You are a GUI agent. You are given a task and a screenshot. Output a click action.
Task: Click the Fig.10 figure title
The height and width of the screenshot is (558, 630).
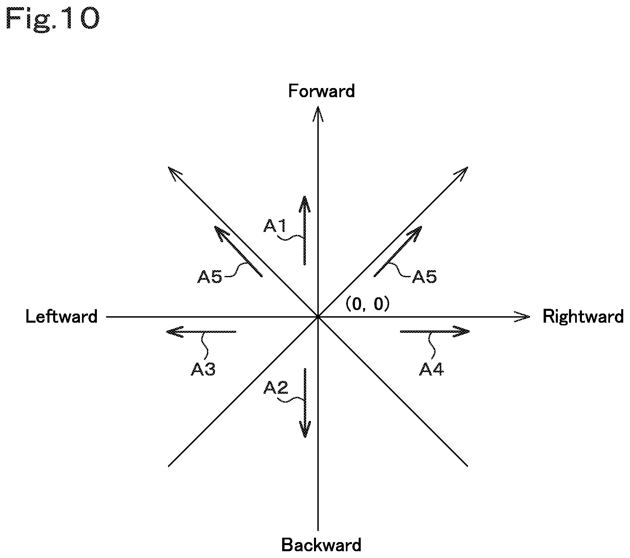click(x=53, y=20)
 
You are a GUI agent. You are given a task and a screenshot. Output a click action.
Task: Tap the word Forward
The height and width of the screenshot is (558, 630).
click(x=321, y=91)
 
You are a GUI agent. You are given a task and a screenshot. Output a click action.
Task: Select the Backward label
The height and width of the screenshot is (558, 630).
click(x=321, y=545)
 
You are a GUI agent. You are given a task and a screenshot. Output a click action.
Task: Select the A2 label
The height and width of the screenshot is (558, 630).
click(x=276, y=388)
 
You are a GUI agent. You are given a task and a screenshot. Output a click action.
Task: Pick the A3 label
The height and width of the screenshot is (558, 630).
click(x=203, y=369)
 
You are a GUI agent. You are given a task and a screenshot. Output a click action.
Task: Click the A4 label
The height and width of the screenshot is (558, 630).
click(x=432, y=369)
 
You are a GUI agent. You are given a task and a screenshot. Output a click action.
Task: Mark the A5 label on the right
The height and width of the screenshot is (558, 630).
click(x=424, y=277)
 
